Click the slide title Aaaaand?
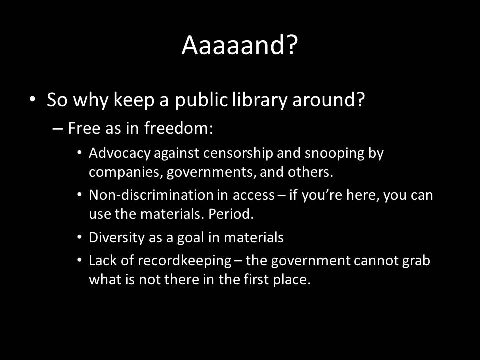[x=239, y=45]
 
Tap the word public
[x=201, y=100]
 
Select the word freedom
[x=179, y=128]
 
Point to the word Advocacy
[x=120, y=153]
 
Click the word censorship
[x=238, y=153]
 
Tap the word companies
[x=124, y=172]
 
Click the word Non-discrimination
[x=151, y=195]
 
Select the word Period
[x=231, y=214]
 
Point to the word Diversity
[x=116, y=238]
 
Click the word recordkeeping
[x=184, y=261]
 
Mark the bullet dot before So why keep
[x=33, y=100]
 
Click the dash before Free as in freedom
[x=58, y=128]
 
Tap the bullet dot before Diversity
[x=79, y=237]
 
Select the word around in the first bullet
[x=329, y=100]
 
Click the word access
[x=254, y=196]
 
